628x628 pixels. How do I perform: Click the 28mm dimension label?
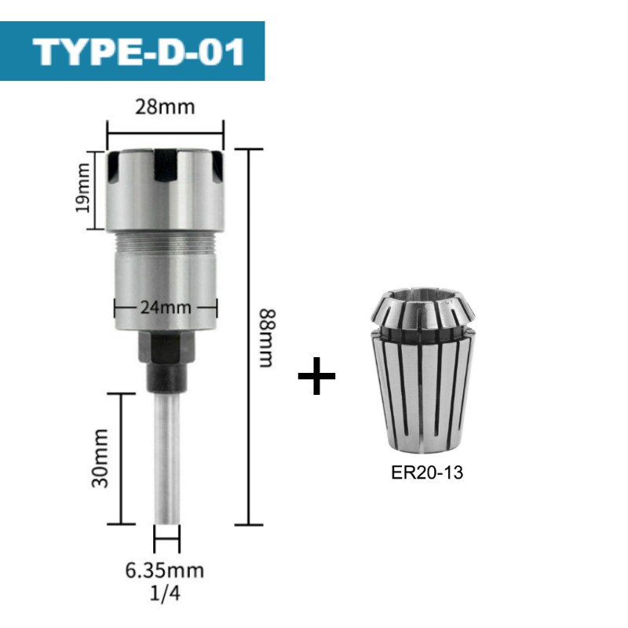point(165,106)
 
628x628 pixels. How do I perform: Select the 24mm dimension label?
point(164,307)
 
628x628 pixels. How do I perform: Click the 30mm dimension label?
point(100,458)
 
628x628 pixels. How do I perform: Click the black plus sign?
point(317,379)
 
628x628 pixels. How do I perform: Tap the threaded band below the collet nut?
point(165,253)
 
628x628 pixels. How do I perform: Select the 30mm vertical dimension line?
point(122,458)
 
